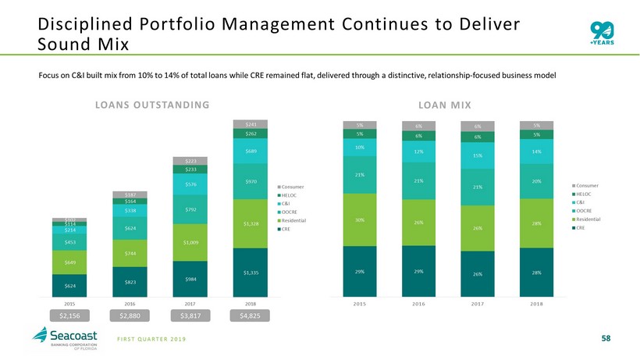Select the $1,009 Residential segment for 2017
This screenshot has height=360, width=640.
[x=190, y=242]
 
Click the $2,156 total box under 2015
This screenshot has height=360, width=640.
[x=69, y=315]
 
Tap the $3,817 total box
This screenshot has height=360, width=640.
[x=190, y=315]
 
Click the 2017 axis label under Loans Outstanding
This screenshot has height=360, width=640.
[x=190, y=303]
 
